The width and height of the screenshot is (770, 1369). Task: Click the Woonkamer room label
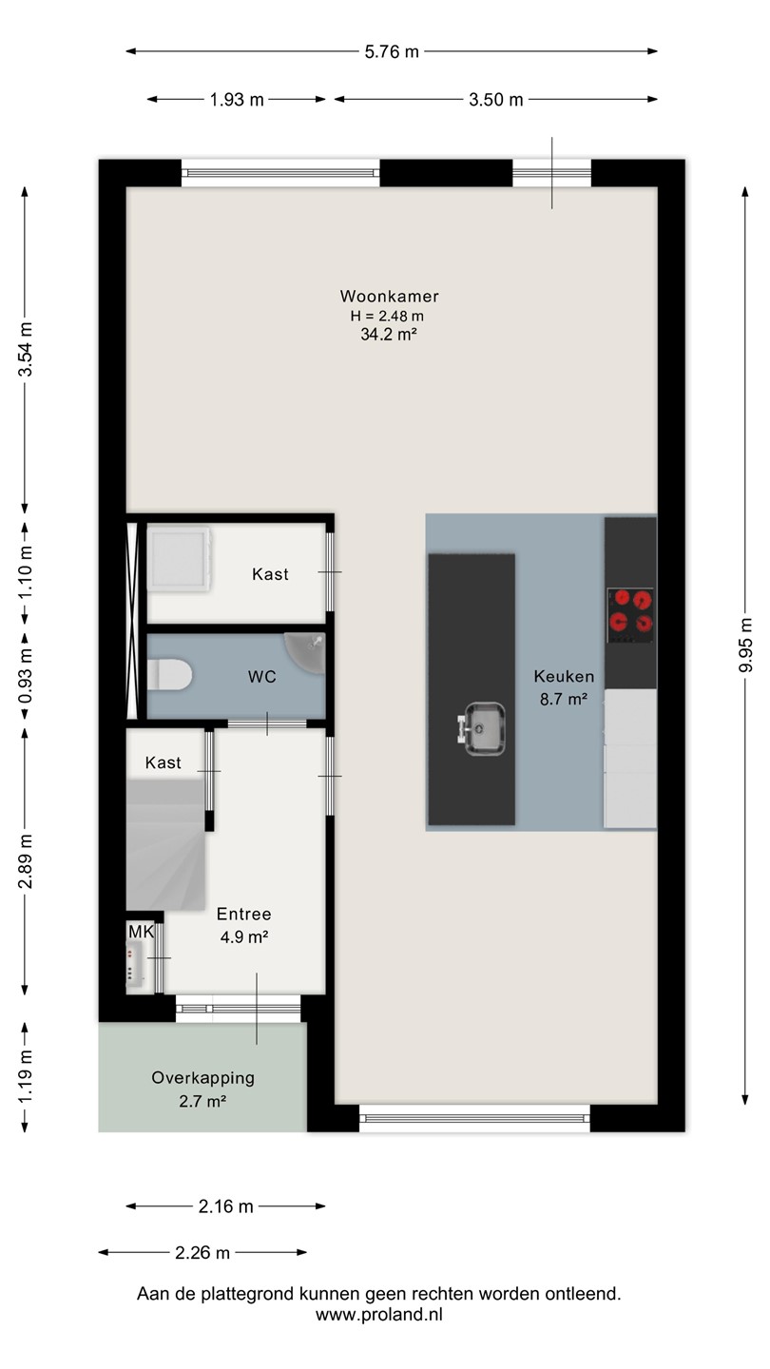390,297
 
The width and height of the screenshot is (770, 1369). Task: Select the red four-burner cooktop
630,615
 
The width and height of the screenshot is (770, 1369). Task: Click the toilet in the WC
170,675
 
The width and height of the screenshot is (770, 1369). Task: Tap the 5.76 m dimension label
392,52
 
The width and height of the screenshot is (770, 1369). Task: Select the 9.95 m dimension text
745,645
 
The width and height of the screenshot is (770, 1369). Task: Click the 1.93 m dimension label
237,100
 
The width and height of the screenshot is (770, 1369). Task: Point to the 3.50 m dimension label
495,100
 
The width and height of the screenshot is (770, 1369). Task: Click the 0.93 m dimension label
25,676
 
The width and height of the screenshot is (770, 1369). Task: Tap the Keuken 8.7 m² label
564,687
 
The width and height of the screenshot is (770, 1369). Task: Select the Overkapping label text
202,1078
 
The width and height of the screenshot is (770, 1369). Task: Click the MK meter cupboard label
141,932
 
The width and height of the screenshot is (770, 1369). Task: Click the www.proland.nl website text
379,1314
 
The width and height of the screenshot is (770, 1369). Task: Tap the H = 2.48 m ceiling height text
387,316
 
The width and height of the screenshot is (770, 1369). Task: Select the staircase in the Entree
165,844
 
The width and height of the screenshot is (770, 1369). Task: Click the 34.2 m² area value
389,335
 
